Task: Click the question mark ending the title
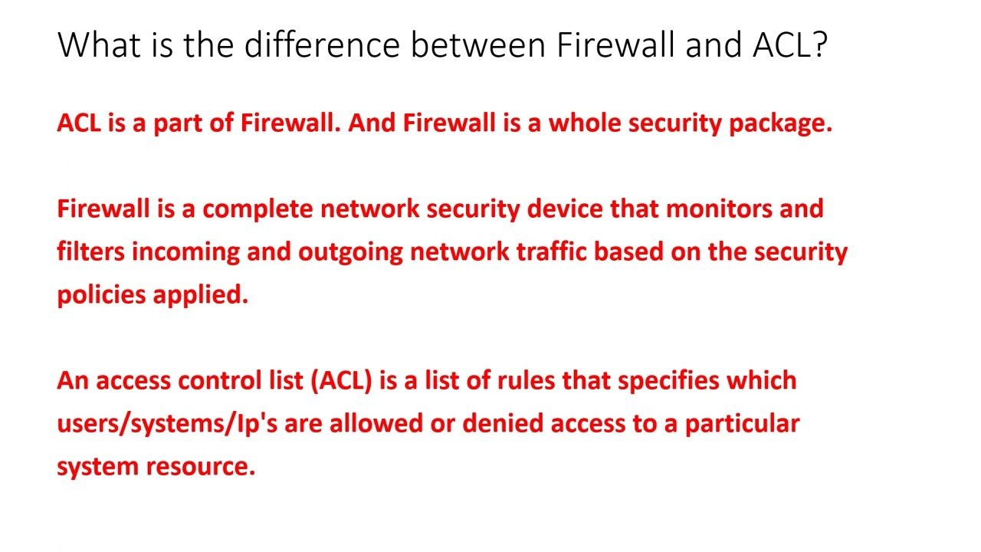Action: [819, 45]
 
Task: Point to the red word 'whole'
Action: [585, 123]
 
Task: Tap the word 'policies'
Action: [101, 295]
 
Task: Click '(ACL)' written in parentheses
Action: [341, 381]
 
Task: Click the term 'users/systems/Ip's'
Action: [166, 424]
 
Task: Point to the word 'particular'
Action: [742, 424]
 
